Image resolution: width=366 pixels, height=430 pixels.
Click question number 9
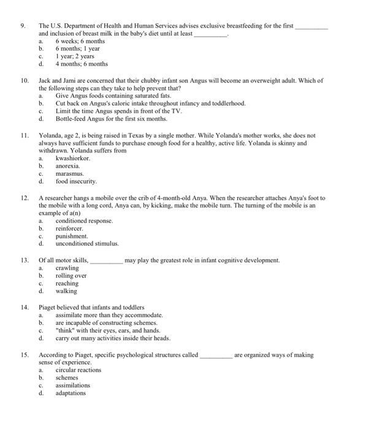tap(23, 26)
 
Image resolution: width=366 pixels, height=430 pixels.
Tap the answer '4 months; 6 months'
tap(82, 63)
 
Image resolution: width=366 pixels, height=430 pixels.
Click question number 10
tap(25, 80)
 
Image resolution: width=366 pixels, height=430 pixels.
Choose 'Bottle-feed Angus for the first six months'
tap(111, 119)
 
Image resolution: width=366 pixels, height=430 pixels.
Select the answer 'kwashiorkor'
tap(73, 158)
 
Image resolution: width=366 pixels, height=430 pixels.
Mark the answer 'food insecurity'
tap(76, 181)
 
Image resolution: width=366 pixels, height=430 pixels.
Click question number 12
tap(25, 198)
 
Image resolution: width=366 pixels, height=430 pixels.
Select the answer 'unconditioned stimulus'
tap(87, 243)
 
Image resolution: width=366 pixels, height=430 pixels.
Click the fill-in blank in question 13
tap(106, 260)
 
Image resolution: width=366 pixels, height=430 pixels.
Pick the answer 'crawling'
tap(67, 268)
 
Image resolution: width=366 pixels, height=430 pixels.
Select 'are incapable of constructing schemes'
tap(107, 322)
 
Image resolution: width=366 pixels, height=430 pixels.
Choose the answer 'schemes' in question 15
tap(67, 378)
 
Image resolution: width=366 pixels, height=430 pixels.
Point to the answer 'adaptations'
tap(71, 393)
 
